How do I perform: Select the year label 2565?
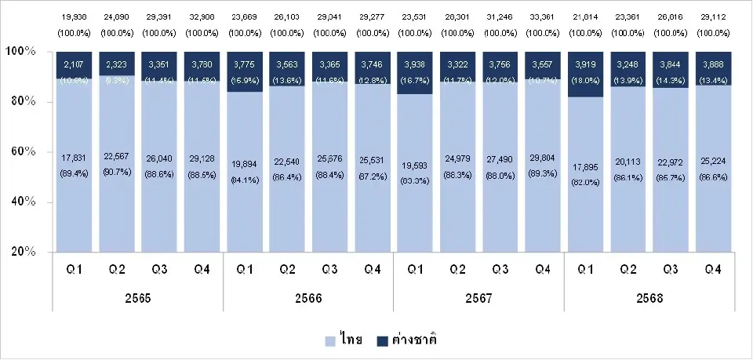coord(138,300)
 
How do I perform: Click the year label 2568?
coord(649,300)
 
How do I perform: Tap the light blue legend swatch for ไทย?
coord(330,340)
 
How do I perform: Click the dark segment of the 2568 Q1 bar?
coord(585,74)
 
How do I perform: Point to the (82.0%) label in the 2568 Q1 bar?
coord(585,182)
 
